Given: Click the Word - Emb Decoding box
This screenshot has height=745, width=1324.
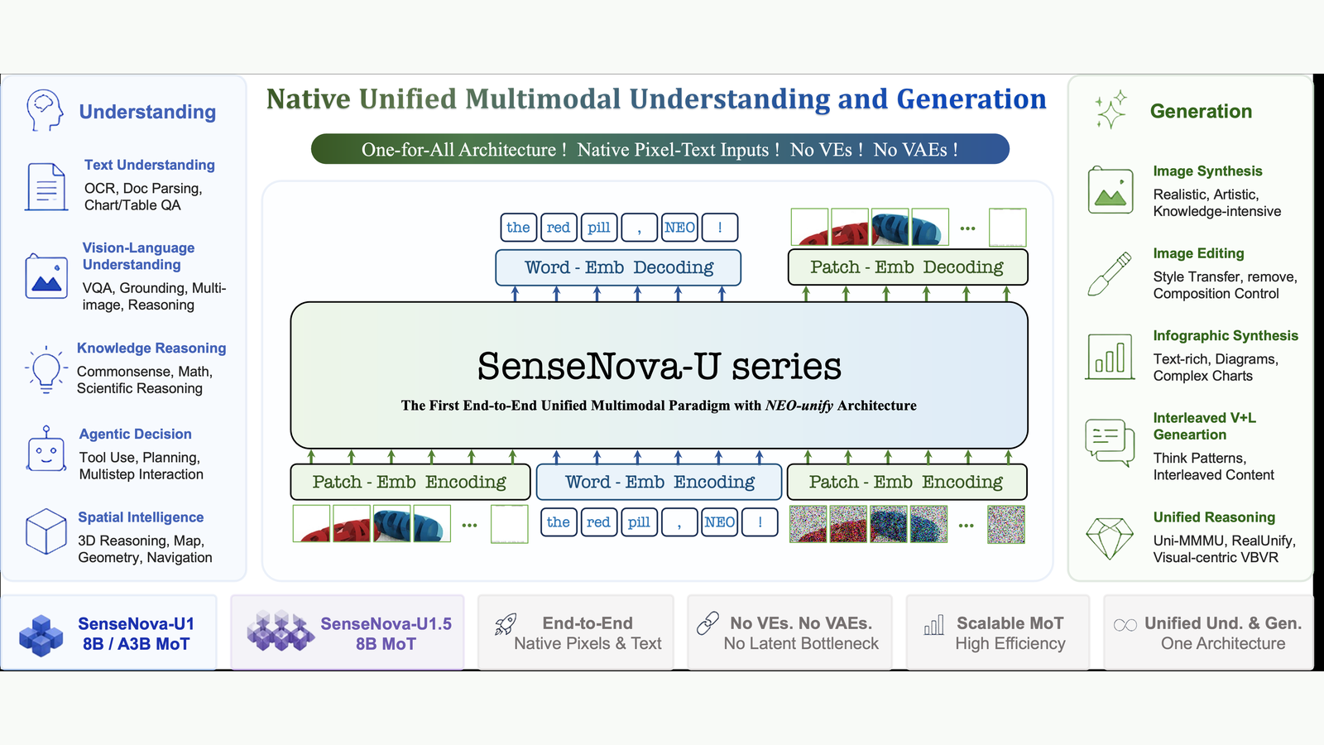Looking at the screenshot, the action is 617,267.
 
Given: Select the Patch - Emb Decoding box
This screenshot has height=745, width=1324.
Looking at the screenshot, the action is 907,267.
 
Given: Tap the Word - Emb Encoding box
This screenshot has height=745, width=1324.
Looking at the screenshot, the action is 659,482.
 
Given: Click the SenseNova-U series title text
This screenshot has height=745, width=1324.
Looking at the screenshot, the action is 659,366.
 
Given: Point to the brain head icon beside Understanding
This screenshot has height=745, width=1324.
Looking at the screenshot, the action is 45,111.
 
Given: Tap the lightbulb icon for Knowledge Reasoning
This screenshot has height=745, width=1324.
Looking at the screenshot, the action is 46,369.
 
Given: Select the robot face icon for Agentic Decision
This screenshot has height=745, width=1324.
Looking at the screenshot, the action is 46,449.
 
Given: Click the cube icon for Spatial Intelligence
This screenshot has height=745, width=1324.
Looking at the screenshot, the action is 46,531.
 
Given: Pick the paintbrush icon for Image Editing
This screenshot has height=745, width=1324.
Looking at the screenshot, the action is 1110,273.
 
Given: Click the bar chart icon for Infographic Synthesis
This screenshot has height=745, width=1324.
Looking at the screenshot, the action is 1110,357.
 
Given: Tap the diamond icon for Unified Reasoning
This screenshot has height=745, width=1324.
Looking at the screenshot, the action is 1110,538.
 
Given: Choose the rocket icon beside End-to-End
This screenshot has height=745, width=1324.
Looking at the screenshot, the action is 506,624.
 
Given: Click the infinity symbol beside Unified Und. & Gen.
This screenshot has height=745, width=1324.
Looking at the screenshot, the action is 1125,625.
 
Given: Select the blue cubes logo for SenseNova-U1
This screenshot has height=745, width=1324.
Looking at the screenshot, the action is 41,636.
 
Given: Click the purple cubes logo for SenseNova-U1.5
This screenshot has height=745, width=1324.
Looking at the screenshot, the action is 281,631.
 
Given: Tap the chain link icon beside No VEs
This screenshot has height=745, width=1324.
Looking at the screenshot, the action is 708,623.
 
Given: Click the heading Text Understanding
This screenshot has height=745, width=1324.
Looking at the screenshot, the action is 150,165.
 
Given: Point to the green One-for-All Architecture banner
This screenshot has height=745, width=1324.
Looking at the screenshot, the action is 660,149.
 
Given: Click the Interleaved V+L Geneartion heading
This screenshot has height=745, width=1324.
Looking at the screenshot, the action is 1205,426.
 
